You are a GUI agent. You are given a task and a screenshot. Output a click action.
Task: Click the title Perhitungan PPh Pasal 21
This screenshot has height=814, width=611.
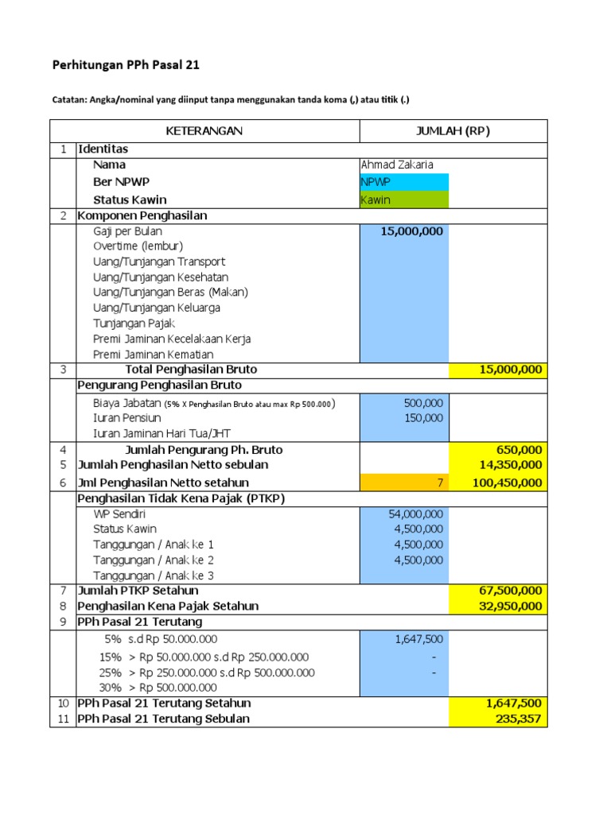[x=131, y=65]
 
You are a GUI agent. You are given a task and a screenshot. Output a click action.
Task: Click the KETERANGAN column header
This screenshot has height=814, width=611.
[x=204, y=131]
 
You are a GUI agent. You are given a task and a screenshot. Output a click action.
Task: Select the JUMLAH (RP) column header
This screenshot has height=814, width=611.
[x=453, y=131]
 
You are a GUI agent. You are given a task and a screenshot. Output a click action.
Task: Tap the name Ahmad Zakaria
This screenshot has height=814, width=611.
[x=397, y=165]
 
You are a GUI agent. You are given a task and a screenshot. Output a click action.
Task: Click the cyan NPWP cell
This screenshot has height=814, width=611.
[x=404, y=182]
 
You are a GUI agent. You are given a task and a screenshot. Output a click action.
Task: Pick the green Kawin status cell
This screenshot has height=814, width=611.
[x=404, y=200]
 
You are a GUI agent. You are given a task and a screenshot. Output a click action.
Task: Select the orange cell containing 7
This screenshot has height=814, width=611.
[x=404, y=483]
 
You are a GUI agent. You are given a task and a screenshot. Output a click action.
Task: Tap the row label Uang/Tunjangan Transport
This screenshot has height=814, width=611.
[x=159, y=262]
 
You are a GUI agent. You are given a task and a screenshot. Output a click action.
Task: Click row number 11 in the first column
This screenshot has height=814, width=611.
[x=63, y=719]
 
